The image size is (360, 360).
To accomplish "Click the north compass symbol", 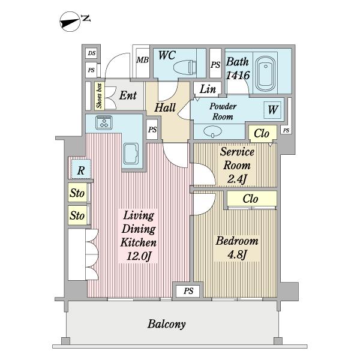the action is (70, 22).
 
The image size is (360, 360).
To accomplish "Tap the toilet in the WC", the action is (185, 67).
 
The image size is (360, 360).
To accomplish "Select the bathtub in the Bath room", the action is (265, 74).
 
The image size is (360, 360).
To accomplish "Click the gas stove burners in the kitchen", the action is (104, 122).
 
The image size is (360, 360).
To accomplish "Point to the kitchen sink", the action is (131, 154).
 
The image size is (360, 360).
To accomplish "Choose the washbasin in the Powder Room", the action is (213, 131).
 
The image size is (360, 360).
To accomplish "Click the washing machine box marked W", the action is (272, 110).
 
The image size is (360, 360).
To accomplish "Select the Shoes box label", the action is (99, 96).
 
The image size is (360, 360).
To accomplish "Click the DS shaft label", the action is (92, 53).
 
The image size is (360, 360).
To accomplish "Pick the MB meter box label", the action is (143, 60).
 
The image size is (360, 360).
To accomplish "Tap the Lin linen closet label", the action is (208, 89).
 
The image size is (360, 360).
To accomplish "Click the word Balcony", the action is (167, 324).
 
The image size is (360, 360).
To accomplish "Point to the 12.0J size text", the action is (139, 256).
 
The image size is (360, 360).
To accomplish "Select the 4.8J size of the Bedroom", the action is (237, 254).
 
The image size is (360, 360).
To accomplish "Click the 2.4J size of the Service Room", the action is (237, 179).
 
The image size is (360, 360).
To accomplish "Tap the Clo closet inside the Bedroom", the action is (251, 199).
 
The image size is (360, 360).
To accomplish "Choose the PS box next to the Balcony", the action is (188, 291).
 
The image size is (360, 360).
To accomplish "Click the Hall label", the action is (165, 107).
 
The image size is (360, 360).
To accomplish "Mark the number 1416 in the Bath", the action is (238, 75).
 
